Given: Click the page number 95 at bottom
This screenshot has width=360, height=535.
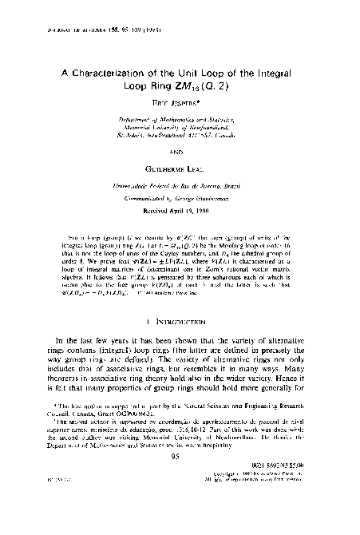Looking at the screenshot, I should pyautogui.click(x=179, y=502).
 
